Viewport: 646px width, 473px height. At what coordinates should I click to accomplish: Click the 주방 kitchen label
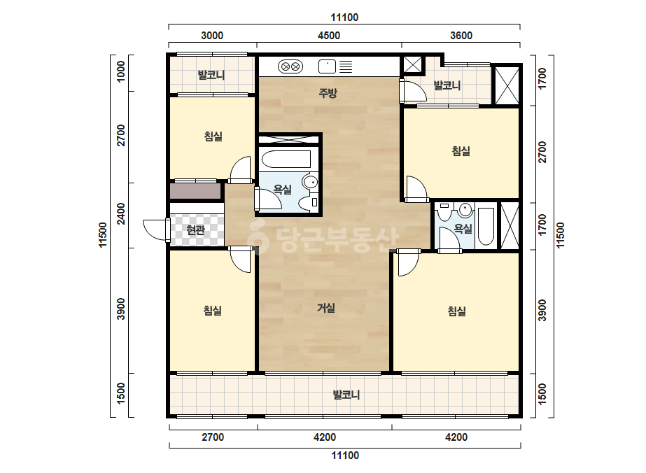(x=328, y=92)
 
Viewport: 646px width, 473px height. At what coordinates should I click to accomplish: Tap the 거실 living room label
(x=326, y=308)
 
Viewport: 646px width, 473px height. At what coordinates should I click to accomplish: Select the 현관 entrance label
(x=195, y=230)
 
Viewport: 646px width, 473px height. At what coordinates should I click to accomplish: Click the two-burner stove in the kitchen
(x=290, y=66)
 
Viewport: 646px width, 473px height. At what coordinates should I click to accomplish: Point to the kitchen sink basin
(x=327, y=66)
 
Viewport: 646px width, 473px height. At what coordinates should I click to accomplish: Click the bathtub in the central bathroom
(x=286, y=160)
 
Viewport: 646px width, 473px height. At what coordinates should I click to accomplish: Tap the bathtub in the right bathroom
(x=486, y=227)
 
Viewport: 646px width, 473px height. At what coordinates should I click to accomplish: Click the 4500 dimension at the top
(x=329, y=36)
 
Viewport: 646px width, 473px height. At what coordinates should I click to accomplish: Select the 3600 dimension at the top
(x=461, y=36)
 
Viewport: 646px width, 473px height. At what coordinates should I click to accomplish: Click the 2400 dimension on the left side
(x=120, y=214)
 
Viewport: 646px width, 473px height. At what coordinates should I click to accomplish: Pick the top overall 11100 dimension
(x=344, y=17)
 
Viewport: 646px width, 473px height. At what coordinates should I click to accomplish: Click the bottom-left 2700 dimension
(x=213, y=437)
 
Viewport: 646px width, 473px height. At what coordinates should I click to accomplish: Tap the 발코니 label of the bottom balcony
(x=346, y=395)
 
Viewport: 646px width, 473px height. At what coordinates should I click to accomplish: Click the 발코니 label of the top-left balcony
(x=211, y=76)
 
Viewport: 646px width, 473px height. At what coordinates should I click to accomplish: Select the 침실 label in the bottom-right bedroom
(x=456, y=311)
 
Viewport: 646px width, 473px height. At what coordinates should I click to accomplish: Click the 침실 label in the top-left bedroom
(x=213, y=136)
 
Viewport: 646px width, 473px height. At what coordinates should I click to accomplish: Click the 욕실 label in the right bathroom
(x=463, y=228)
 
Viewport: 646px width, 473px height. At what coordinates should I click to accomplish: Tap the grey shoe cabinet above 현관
(x=196, y=192)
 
